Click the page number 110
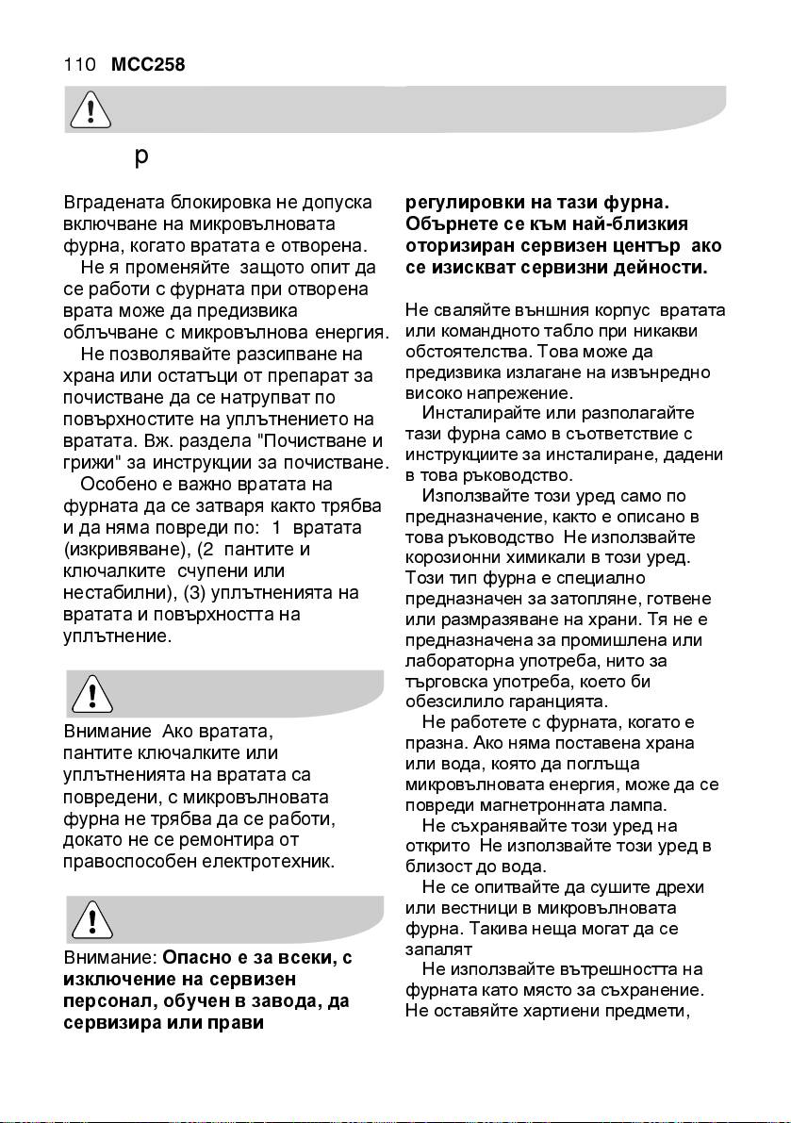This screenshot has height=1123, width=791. pyautogui.click(x=79, y=65)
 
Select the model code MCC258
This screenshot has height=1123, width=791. pyautogui.click(x=147, y=65)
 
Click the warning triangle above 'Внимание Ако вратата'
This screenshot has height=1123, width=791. pyautogui.click(x=91, y=695)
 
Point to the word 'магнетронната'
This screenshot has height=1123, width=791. pyautogui.click(x=551, y=806)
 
